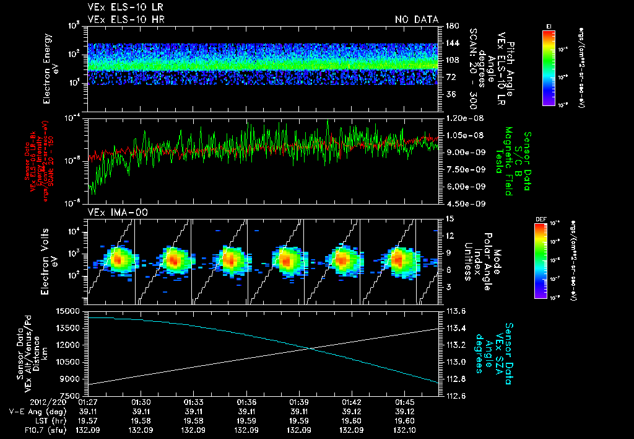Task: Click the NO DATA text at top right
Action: coord(417,19)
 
